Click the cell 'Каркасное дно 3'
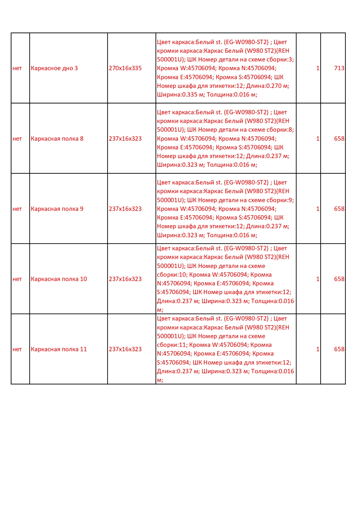click(x=54, y=68)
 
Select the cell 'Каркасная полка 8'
click(x=57, y=139)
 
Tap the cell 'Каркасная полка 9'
click(x=57, y=209)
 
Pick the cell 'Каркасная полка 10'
click(x=59, y=279)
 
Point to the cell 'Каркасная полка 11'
click(x=59, y=349)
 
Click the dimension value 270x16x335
click(x=125, y=68)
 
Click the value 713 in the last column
click(x=339, y=68)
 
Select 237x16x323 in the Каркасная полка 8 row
click(x=125, y=139)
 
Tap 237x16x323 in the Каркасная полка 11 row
click(x=125, y=349)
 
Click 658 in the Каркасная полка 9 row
click(x=339, y=209)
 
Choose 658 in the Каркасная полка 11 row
click(x=339, y=349)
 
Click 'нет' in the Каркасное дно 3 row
click(x=17, y=68)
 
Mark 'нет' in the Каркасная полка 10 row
click(x=17, y=279)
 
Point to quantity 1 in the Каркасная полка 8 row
click(x=318, y=139)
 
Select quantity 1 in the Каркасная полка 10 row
click(x=318, y=279)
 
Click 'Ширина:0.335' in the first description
click(x=177, y=95)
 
